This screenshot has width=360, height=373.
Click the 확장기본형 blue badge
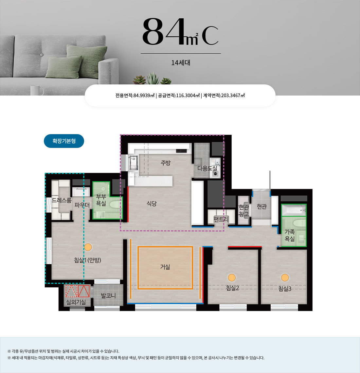click(64, 141)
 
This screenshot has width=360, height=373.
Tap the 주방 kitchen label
click(166, 163)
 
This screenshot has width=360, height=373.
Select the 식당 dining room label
click(152, 204)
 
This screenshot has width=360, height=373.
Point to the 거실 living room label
click(165, 267)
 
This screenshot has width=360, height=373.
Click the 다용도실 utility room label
click(207, 168)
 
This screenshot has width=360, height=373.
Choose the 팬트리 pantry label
click(221, 219)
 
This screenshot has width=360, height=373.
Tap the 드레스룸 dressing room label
click(62, 200)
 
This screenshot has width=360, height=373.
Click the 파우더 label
click(82, 205)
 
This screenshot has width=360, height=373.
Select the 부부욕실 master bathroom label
click(101, 200)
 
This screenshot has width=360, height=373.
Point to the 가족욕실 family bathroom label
click(290, 235)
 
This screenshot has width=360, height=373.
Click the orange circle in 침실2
click(232, 277)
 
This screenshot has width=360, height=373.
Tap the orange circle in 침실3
click(285, 277)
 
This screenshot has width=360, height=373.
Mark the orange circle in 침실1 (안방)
click(88, 247)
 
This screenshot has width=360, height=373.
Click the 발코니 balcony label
click(108, 296)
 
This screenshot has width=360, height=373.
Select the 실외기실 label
click(76, 302)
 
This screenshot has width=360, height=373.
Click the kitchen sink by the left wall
click(133, 163)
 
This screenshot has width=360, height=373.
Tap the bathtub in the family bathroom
click(294, 210)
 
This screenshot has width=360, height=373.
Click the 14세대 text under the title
click(181, 63)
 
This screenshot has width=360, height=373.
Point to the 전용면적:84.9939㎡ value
click(135, 96)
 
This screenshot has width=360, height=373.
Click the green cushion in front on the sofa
click(63, 67)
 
